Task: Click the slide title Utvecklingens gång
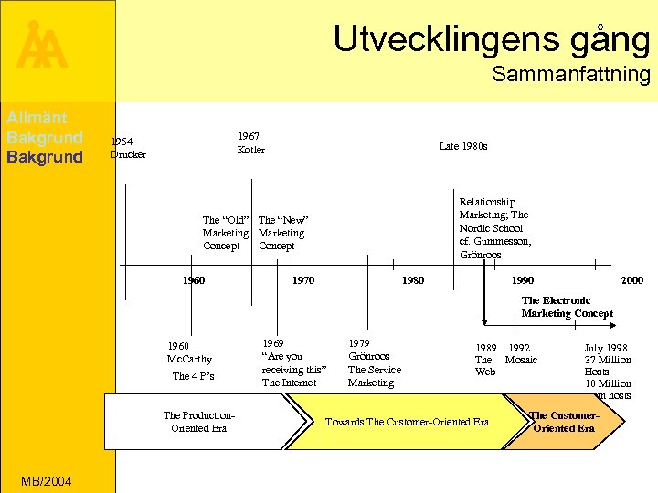click(491, 39)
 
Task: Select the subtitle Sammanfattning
click(570, 75)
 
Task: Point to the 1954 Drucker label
click(128, 148)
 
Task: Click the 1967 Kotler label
click(250, 143)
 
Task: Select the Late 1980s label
click(462, 146)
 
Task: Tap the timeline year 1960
click(193, 280)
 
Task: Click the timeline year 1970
click(302, 280)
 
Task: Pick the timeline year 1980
click(413, 280)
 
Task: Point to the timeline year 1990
click(523, 280)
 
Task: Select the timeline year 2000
click(631, 280)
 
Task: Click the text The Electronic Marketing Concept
click(567, 307)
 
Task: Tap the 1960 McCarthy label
click(189, 352)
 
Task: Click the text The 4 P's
click(193, 377)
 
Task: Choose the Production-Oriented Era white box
click(201, 422)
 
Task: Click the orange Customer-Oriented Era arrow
click(564, 422)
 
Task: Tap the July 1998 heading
click(607, 347)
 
